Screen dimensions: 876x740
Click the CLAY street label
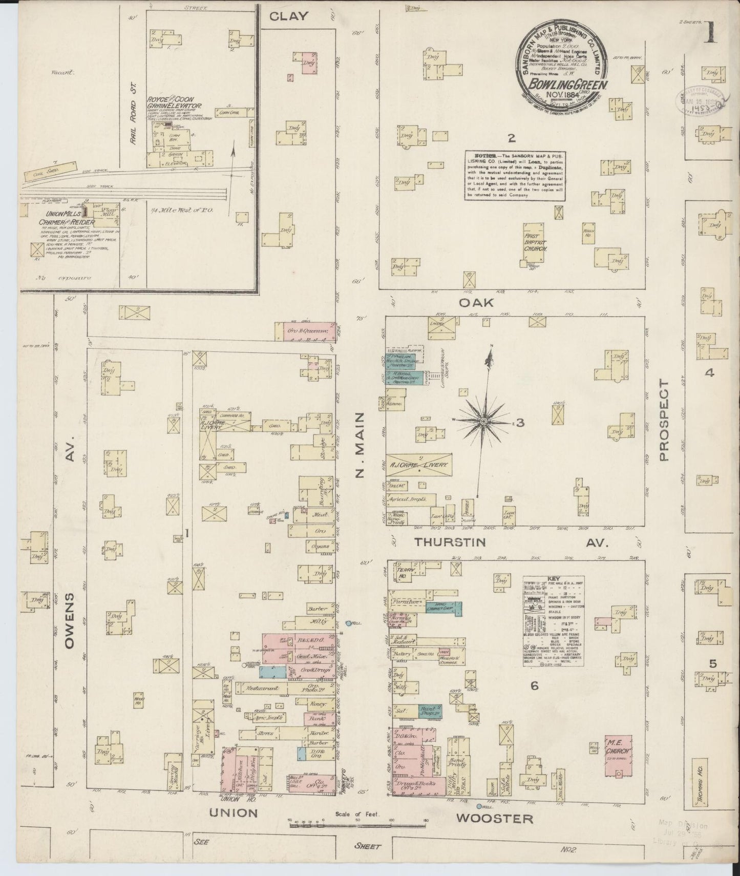289,16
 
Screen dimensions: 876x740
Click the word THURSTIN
450,541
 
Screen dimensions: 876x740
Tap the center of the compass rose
483,421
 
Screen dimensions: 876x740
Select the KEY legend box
554,621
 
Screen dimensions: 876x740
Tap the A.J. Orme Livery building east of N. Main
418,464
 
